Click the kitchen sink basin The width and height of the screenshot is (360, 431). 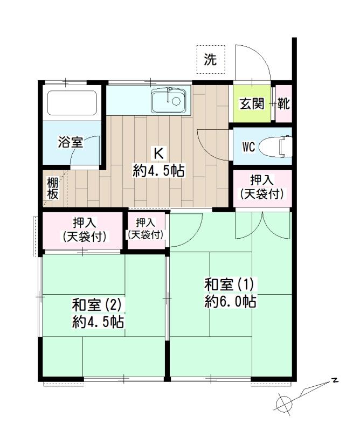(168, 100)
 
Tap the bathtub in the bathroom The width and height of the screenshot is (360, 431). (72, 103)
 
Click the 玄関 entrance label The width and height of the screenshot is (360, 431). (252, 103)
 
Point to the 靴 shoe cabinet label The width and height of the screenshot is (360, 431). (283, 103)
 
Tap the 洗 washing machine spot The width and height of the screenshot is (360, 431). (210, 59)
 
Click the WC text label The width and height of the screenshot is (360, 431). (248, 147)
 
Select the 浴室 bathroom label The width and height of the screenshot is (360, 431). (70, 142)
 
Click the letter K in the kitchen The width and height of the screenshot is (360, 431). (158, 154)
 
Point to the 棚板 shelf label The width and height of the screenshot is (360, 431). (52, 188)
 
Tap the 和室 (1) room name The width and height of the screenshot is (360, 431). (231, 285)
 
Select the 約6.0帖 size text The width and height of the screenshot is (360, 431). (231, 302)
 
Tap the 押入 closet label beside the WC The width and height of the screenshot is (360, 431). (262, 187)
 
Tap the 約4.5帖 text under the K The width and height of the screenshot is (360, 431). (158, 170)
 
